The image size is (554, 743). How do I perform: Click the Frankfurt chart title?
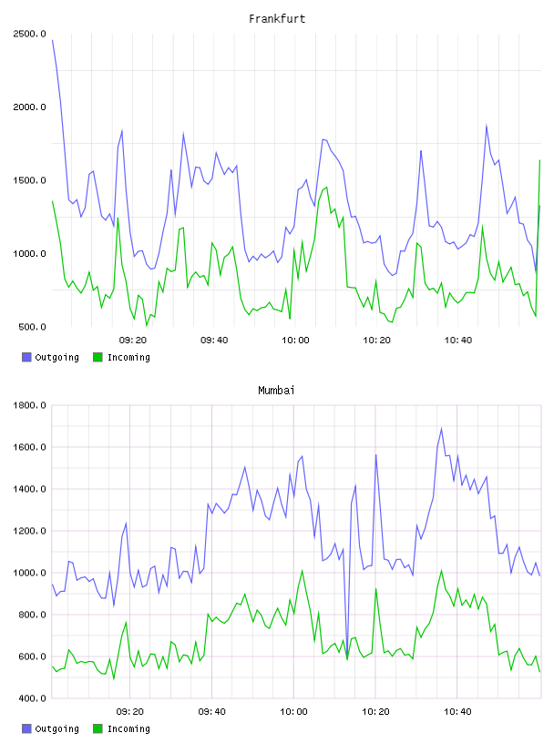(277, 19)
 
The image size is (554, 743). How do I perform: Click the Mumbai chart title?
(276, 391)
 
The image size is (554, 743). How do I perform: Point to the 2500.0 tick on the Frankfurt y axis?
(29, 34)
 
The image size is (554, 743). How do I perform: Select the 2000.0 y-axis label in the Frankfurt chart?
(29, 107)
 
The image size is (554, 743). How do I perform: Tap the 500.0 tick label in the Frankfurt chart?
(32, 327)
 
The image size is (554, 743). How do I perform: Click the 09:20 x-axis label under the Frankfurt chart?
(133, 341)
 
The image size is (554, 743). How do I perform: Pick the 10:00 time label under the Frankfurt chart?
(295, 341)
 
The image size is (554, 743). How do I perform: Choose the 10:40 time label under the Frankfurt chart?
(458, 341)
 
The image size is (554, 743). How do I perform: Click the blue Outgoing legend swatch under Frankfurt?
(26, 357)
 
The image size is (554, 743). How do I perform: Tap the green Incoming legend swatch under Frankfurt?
(97, 357)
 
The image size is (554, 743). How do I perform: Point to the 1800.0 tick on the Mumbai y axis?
(29, 405)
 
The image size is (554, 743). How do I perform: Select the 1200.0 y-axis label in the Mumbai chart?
(29, 531)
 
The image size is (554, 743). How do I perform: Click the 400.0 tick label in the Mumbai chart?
(32, 698)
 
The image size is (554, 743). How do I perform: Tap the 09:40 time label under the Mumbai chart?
(212, 712)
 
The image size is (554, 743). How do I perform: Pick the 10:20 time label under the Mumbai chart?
(375, 712)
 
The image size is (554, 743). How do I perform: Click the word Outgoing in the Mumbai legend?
(56, 728)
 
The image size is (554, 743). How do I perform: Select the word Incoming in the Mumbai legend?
(128, 728)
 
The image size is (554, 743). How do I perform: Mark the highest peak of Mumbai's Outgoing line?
(442, 428)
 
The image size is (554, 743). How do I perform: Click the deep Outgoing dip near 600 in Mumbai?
(348, 656)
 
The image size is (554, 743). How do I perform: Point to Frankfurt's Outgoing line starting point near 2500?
(53, 40)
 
